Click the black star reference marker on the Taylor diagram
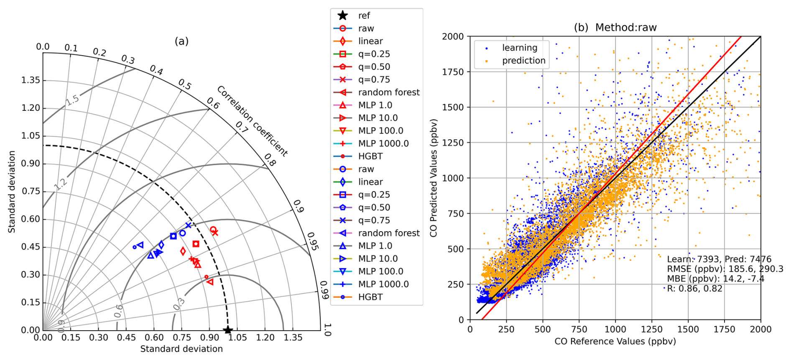(227, 330)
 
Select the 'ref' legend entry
(364, 16)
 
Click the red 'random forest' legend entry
(388, 92)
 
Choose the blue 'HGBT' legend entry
(370, 297)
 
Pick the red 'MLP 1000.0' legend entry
(383, 143)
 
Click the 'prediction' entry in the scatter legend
(523, 61)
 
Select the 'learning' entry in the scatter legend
(519, 48)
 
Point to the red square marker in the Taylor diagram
(196, 244)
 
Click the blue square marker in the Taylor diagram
(174, 236)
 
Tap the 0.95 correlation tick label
(313, 241)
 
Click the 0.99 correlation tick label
(324, 290)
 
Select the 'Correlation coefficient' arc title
(253, 121)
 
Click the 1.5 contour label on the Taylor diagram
(72, 100)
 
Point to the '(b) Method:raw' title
(615, 28)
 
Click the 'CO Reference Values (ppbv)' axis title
(615, 341)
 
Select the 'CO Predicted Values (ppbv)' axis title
(434, 178)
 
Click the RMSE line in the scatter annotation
(725, 269)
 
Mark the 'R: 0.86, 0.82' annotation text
(694, 289)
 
